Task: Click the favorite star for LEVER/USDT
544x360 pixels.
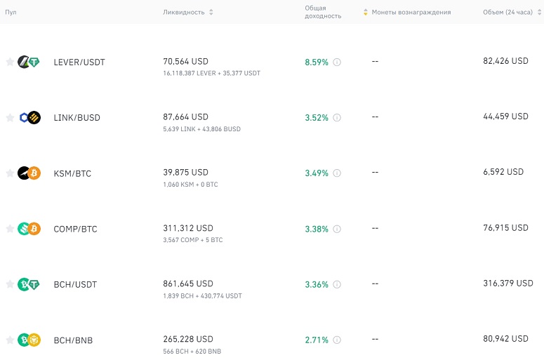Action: [10, 62]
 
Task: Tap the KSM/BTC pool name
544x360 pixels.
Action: [72, 173]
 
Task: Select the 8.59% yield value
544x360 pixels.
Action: [317, 62]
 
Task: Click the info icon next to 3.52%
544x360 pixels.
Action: [337, 118]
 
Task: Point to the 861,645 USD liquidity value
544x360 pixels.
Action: [188, 284]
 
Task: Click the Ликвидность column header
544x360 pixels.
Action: [184, 12]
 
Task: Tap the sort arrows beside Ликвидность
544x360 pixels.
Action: [211, 12]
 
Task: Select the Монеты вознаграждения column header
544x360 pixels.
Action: [411, 12]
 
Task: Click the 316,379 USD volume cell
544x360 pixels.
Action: [508, 284]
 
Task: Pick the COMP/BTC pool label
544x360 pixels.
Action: [75, 229]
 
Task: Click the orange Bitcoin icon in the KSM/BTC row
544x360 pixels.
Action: [34, 173]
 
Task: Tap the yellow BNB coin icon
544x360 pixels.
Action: [34, 340]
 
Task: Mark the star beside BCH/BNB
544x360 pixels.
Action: [10, 340]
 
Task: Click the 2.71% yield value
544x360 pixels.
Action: [317, 340]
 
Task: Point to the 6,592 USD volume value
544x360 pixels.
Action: [503, 172]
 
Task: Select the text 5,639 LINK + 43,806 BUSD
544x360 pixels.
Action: [201, 129]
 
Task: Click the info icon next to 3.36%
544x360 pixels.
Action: [337, 284]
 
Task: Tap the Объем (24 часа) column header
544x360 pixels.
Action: [507, 12]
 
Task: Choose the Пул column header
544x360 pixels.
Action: [11, 12]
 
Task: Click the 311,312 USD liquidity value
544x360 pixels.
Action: [188, 228]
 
